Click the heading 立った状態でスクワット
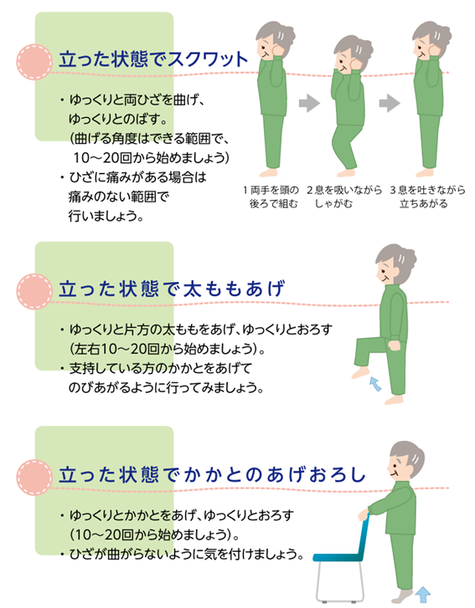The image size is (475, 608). click(153, 59)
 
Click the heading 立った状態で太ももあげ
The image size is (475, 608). click(172, 289)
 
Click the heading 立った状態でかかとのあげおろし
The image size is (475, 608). click(212, 475)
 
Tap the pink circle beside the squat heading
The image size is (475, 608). click(34, 62)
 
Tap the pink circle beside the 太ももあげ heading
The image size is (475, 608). click(34, 292)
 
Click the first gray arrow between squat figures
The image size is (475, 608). click(309, 103)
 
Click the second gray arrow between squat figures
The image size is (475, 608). click(390, 103)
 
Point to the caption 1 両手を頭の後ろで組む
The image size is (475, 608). click(271, 197)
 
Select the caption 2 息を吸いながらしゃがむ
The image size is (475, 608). click(344, 197)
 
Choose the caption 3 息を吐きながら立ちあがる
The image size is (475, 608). click(427, 197)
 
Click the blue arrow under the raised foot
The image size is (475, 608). click(374, 384)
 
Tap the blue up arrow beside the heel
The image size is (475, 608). click(422, 597)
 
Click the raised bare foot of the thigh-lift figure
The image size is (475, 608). click(361, 373)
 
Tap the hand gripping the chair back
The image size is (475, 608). click(363, 515)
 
